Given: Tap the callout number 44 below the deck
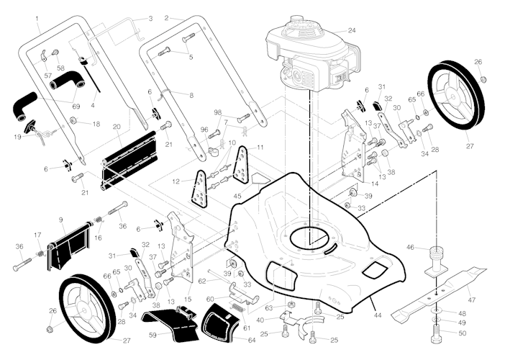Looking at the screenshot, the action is coord(377,315).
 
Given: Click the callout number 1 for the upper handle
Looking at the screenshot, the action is coord(37,19).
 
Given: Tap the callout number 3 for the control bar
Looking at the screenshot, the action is coord(151,19).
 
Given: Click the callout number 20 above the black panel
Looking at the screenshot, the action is coord(117,127).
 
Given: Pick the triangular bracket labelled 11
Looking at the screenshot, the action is coord(241,165).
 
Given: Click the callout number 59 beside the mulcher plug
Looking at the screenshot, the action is coord(153,336).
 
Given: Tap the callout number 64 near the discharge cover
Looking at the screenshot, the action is coord(252,340).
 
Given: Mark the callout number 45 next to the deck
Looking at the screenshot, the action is coord(237,196).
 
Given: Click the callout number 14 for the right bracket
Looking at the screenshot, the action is coord(375,184).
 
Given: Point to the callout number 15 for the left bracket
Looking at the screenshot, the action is coord(188,300).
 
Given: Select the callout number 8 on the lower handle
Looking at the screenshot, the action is coord(191,95).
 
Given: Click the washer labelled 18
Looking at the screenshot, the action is coord(73,120).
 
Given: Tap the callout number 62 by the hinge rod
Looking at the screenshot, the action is coord(202,282).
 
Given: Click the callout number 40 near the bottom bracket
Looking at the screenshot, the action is coord(260,320).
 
